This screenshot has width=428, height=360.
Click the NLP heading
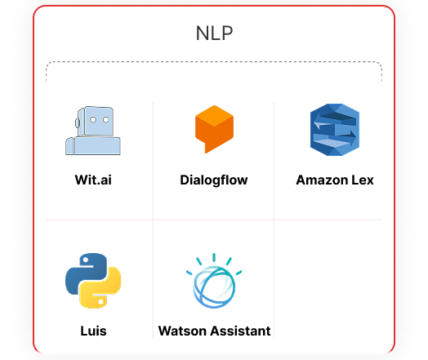click(x=214, y=33)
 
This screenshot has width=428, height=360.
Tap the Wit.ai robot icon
click(x=93, y=131)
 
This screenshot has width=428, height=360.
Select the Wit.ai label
click(x=93, y=180)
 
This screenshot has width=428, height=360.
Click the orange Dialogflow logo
click(x=214, y=129)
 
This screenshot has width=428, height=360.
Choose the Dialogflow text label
click(x=214, y=180)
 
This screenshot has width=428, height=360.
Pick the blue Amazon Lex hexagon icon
click(x=335, y=130)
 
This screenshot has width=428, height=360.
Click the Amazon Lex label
click(x=335, y=180)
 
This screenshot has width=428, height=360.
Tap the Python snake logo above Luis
click(x=93, y=281)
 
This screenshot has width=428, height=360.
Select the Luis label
click(x=93, y=331)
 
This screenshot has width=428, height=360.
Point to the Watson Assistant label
click(x=214, y=331)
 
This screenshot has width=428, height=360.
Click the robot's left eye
click(x=93, y=120)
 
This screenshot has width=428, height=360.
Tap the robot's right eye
click(x=106, y=120)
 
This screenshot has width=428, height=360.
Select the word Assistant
click(x=240, y=331)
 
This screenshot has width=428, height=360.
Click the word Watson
click(x=183, y=331)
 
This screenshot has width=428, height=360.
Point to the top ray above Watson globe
click(x=214, y=257)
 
